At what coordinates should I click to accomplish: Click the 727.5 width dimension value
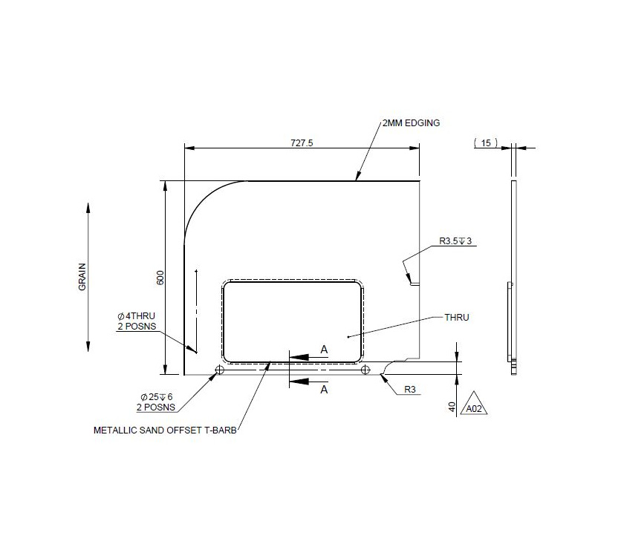tap(302, 143)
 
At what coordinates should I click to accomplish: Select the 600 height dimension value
tap(160, 278)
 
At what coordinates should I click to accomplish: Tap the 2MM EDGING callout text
tap(411, 123)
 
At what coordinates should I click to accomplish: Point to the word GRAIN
tap(83, 277)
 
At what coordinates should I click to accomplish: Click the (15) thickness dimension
tap(486, 143)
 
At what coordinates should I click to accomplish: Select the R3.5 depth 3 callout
tap(455, 240)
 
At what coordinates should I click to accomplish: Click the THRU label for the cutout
tap(457, 317)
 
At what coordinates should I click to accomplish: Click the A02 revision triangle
tap(473, 405)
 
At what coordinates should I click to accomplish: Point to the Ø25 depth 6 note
tap(156, 402)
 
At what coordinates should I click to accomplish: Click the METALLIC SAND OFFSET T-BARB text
tap(164, 430)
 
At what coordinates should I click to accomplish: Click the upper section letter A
tap(323, 349)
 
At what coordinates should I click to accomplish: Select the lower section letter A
tap(323, 390)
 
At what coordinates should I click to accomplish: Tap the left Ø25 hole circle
tap(219, 370)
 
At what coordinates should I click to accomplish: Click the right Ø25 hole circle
tap(364, 370)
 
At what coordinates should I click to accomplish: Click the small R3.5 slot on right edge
tap(415, 282)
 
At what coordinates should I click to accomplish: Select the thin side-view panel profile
tap(513, 271)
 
